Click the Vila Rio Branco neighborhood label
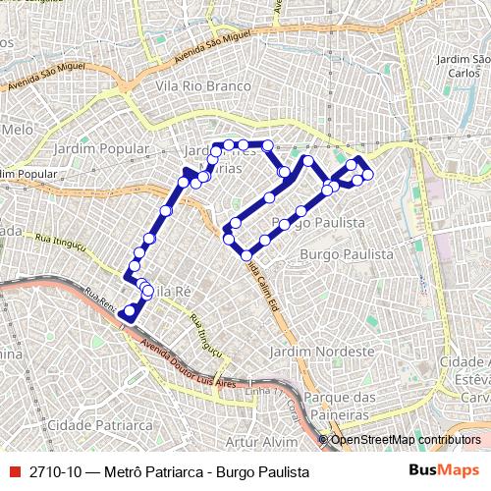point(197,85)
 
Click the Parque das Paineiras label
point(341,404)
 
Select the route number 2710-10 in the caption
point(55,471)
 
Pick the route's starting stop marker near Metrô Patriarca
point(129,312)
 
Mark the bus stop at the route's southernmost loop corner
point(246,255)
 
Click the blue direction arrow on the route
point(188,174)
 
